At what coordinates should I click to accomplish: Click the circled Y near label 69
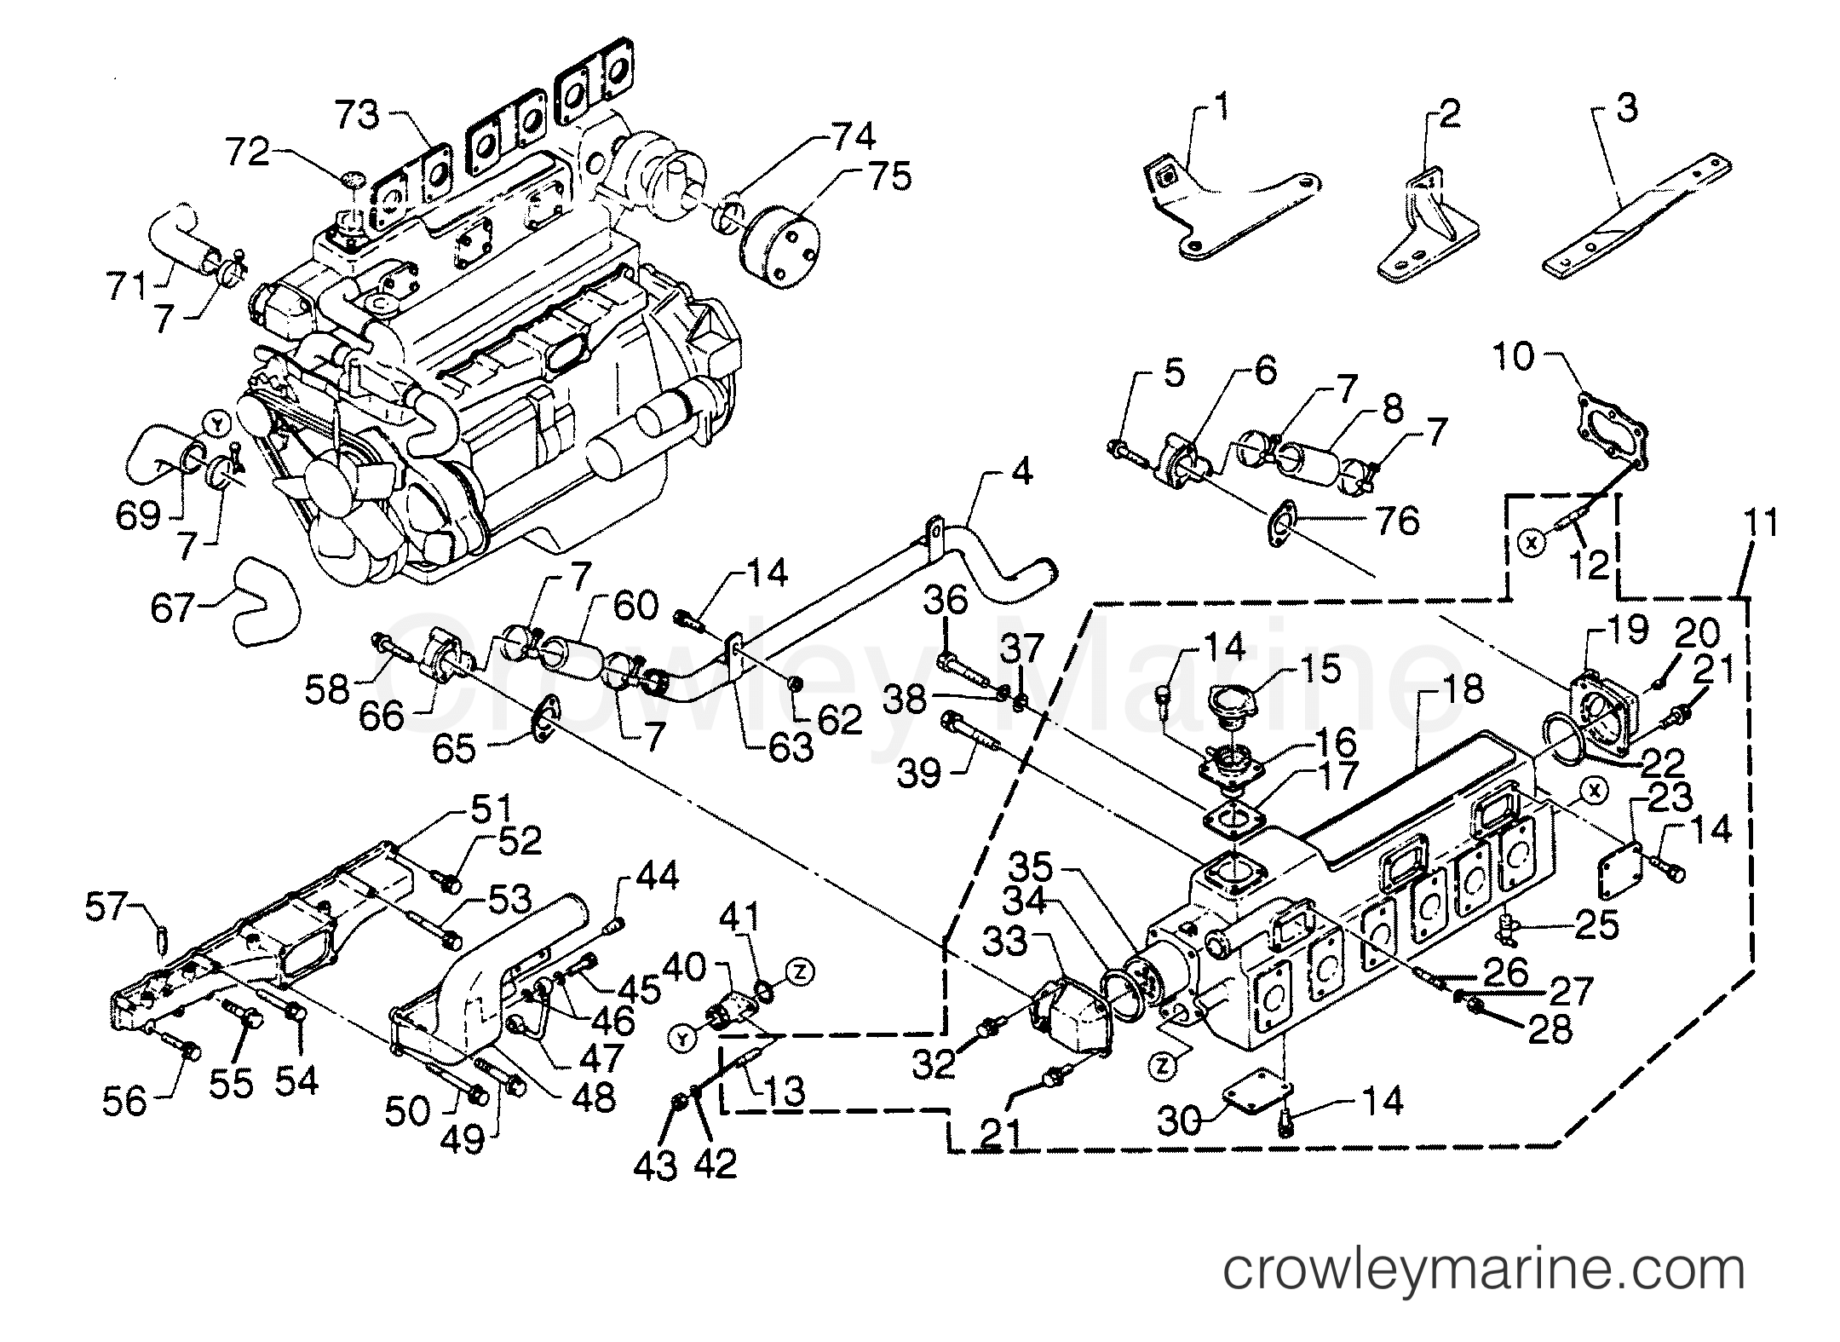(x=218, y=422)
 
